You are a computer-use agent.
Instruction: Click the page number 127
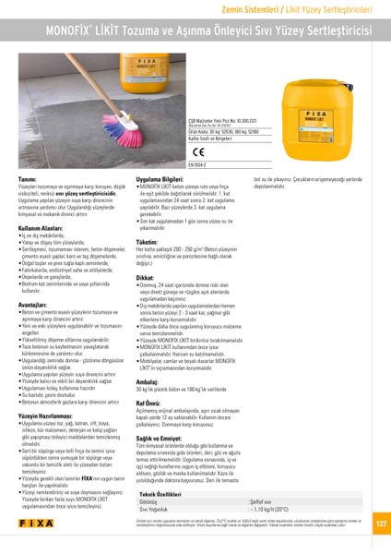(380, 524)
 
